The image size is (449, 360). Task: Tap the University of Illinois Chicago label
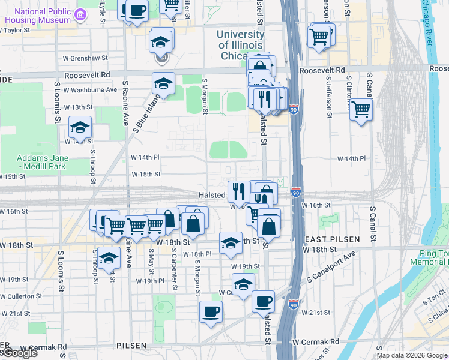[240, 44]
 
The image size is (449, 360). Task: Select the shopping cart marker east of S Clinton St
[361, 110]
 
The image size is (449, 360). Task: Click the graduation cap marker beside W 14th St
[80, 127]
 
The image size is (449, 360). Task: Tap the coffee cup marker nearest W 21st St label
[262, 301]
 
